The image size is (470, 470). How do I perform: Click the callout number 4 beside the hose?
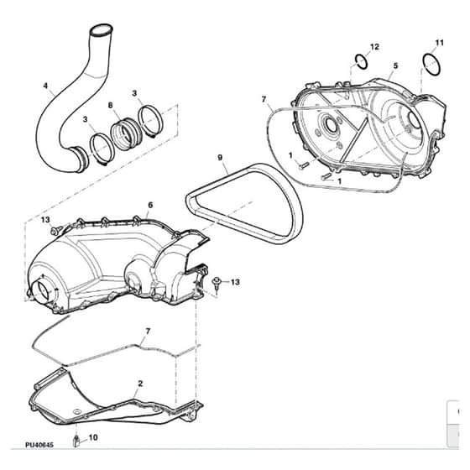coord(45,86)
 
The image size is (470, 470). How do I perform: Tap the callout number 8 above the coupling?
coord(110,105)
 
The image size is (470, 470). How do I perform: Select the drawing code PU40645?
coord(39,445)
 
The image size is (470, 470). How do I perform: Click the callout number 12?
coord(374,47)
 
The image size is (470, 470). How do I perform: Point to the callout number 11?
coord(439,43)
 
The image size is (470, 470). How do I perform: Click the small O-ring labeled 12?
coord(362,62)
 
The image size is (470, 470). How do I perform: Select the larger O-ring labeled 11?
coord(432,65)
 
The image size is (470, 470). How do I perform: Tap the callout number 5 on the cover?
coord(395,65)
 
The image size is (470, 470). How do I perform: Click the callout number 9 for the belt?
coord(220,157)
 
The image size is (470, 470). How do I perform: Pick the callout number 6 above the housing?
coord(150,205)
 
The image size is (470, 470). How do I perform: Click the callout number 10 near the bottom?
coord(93,437)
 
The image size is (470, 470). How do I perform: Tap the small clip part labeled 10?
coord(76,441)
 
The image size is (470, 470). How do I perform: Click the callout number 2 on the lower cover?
coord(140,384)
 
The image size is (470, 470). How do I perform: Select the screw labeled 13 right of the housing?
coord(216,284)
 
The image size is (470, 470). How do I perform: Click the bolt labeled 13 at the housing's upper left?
coord(55,231)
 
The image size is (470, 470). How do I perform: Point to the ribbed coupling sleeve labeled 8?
coord(124,133)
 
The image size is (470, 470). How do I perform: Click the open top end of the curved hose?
coord(102,30)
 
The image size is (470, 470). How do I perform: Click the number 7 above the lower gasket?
coord(148,332)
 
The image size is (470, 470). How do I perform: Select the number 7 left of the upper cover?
coord(264,99)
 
